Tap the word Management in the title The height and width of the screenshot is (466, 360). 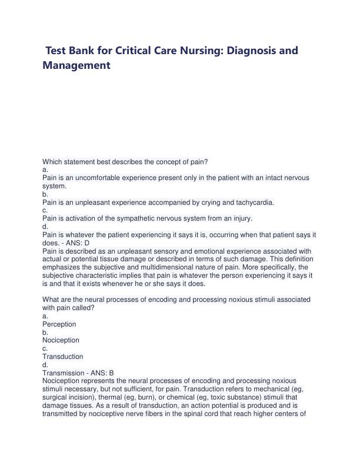(76, 66)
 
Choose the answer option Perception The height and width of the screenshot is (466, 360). (59, 324)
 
